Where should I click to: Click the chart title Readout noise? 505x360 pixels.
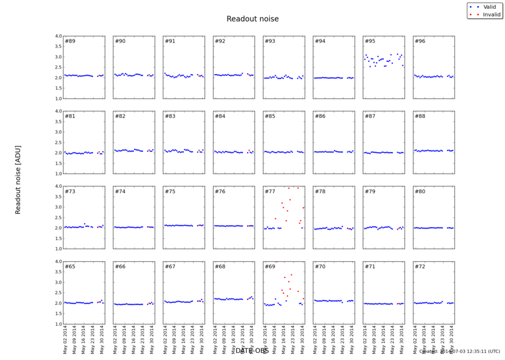(252, 19)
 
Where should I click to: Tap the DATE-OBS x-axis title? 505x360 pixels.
(252, 350)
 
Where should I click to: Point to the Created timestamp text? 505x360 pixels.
(459, 351)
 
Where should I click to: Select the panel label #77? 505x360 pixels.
(270, 192)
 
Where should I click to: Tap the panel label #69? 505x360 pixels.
(270, 266)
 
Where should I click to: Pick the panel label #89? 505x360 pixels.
(70, 41)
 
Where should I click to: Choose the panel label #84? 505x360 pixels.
(220, 116)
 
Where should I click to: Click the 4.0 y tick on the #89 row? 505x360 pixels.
(58, 37)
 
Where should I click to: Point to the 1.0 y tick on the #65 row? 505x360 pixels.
(58, 324)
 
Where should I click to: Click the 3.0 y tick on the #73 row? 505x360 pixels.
(58, 207)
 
